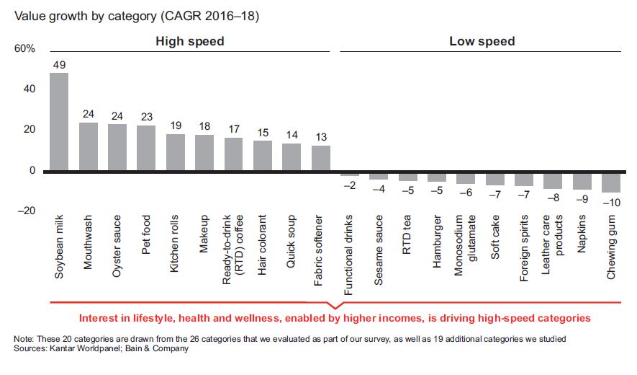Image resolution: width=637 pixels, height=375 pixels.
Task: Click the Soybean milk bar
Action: coord(58,122)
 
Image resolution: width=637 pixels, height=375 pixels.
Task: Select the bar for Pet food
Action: coord(146,149)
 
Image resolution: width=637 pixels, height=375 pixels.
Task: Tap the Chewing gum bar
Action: coord(611,182)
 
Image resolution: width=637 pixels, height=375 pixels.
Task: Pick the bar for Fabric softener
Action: coord(320,159)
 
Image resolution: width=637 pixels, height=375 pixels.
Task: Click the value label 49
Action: coord(58,64)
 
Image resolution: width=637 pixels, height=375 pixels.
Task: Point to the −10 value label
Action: coord(611,203)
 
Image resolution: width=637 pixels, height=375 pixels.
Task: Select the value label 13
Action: coord(320,137)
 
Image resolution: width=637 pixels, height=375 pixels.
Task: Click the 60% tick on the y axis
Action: coord(24,49)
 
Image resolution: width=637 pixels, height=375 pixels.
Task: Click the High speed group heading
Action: coord(190,41)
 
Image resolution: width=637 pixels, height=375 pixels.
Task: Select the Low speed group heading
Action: coord(482,41)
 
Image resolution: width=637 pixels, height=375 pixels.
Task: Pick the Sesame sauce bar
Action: coord(379,176)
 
